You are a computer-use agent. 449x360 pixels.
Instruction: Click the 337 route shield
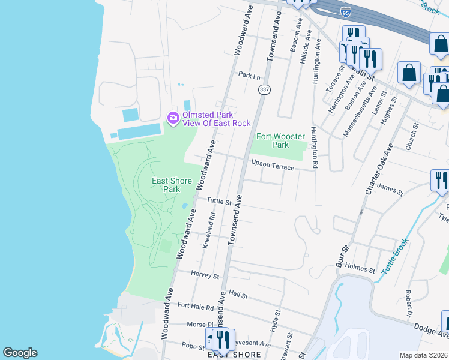pos(264,89)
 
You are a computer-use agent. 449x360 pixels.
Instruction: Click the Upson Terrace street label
pos(273,165)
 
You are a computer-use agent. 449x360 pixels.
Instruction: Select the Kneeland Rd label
pos(208,230)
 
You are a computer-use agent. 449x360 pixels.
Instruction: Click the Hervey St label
pos(205,275)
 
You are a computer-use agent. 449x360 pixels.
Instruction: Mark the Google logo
pos(20,353)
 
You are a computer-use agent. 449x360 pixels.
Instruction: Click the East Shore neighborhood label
pos(234,355)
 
